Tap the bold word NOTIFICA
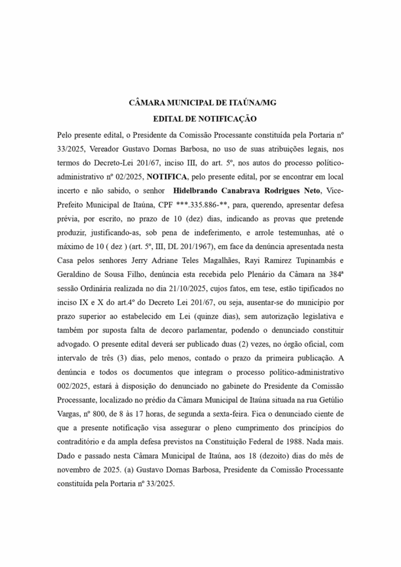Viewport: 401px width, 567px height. point(167,177)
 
